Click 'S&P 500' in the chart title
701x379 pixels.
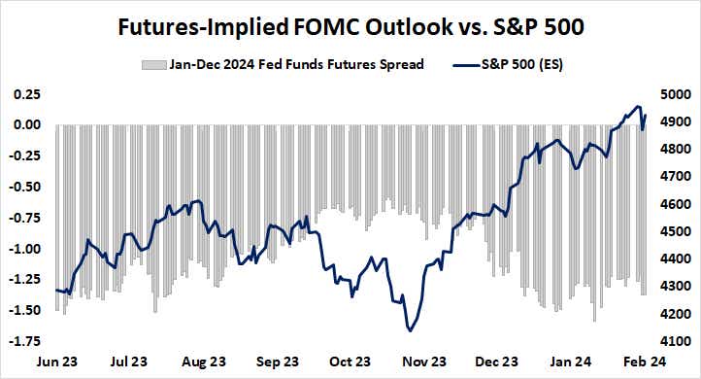[x=539, y=26]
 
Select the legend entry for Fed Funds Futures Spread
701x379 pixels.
[x=296, y=65]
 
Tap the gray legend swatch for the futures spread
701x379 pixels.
[x=153, y=65]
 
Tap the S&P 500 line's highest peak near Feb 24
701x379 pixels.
[x=637, y=106]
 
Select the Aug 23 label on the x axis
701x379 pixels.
[x=205, y=362]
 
